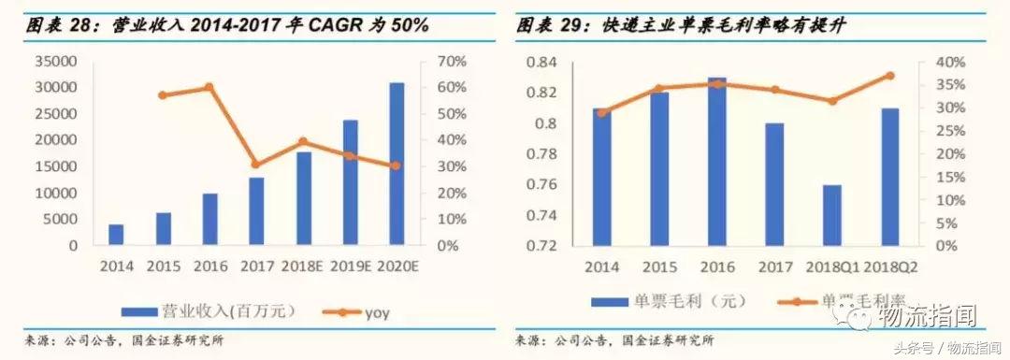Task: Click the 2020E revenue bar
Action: [397, 164]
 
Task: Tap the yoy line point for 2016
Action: [209, 87]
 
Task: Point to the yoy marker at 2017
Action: [256, 164]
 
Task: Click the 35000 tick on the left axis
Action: [58, 62]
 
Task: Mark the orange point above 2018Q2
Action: [889, 76]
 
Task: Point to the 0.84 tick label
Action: [545, 62]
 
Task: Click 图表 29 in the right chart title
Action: [543, 25]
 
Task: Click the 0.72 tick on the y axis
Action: [545, 246]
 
